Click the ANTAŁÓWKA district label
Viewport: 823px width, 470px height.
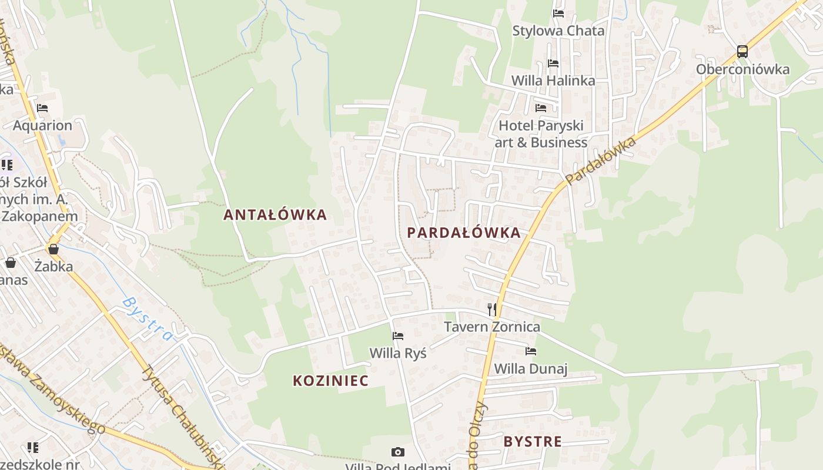(x=275, y=214)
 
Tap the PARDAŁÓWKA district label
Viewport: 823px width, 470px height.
(x=464, y=233)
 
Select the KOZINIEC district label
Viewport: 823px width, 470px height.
(x=331, y=381)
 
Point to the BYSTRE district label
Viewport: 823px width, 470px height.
(x=533, y=442)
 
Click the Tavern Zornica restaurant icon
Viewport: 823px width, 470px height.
(x=492, y=310)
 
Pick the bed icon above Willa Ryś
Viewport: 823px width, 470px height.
(x=398, y=336)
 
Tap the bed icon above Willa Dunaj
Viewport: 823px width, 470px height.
(x=531, y=351)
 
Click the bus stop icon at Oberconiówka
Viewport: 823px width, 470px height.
(x=742, y=52)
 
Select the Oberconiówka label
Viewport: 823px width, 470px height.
(x=742, y=69)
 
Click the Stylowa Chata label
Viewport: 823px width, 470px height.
(x=558, y=31)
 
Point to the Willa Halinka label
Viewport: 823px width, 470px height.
(x=553, y=80)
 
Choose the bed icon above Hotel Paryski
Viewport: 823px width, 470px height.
(x=541, y=108)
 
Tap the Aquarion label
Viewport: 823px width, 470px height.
(x=42, y=125)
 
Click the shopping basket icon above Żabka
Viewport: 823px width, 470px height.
(x=53, y=249)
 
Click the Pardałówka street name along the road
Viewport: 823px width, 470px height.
(x=601, y=160)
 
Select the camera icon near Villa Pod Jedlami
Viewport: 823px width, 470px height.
(x=398, y=452)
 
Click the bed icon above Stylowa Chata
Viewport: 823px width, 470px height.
(x=558, y=13)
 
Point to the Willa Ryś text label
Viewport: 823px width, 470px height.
(x=398, y=353)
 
